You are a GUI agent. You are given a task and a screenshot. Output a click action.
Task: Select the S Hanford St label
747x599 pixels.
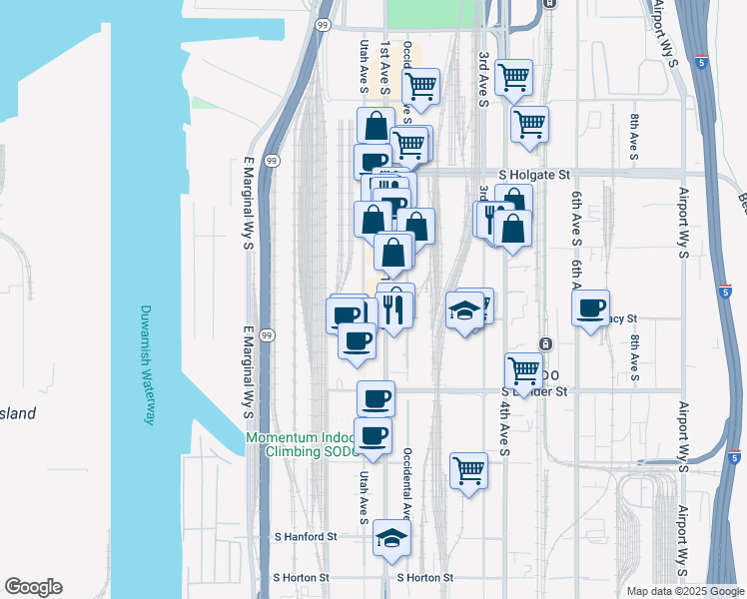point(306,536)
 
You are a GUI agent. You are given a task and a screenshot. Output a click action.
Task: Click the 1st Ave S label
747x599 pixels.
point(385,62)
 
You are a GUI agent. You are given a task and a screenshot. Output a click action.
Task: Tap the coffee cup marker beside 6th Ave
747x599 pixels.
point(591,306)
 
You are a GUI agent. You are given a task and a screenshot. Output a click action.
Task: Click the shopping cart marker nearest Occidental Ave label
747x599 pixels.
point(420,86)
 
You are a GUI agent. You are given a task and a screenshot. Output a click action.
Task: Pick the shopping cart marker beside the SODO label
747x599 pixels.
point(523,371)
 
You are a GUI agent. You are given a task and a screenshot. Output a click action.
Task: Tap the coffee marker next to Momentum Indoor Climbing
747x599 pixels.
point(373,435)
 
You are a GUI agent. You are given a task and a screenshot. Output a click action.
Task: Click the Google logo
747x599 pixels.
point(33,587)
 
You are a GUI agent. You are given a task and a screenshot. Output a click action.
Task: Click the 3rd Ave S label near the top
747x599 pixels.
point(483,76)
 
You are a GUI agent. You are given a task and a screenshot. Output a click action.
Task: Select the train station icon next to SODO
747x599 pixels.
point(545,344)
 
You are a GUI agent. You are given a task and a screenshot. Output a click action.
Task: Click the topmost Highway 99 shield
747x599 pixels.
point(323,24)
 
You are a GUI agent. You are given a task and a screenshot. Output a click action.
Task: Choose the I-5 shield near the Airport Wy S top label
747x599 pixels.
point(703,62)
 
